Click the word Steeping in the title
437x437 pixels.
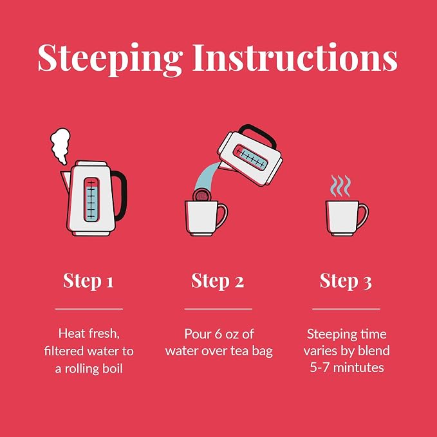(110, 59)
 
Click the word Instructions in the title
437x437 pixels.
(295, 57)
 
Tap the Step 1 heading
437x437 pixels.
(88, 281)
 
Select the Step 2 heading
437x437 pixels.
(218, 281)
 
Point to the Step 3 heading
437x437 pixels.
(346, 281)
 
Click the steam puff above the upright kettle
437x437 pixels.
(60, 145)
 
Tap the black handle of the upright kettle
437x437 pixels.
(122, 195)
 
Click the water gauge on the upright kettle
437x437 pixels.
(91, 200)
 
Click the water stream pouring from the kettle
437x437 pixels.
(207, 177)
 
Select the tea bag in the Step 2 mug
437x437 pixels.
(202, 196)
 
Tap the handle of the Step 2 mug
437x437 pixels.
(222, 216)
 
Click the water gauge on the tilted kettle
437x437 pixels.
(250, 158)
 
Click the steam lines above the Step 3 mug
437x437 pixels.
(340, 185)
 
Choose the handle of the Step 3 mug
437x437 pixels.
(363, 216)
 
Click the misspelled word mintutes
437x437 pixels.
(358, 367)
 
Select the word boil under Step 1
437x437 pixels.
(113, 368)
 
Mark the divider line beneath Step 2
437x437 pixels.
(218, 309)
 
